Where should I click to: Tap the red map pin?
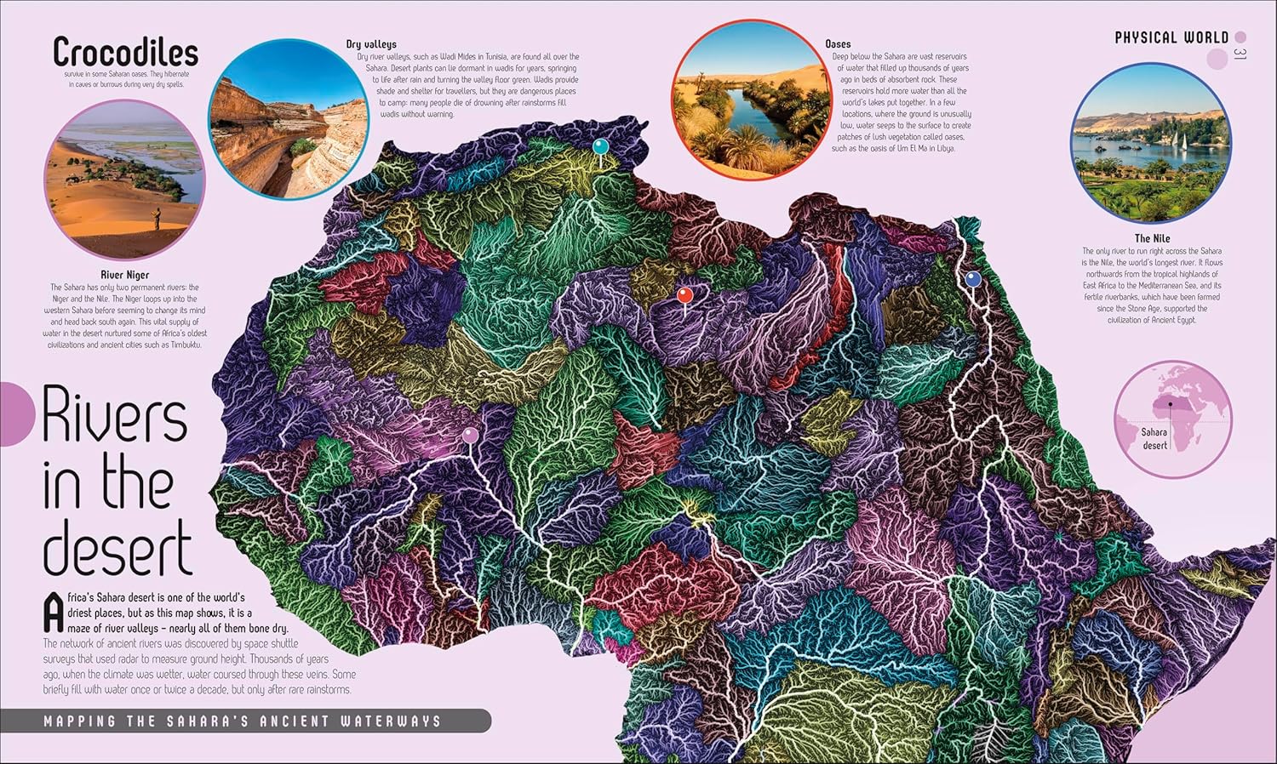point(684,295)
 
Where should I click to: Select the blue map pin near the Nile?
point(973,279)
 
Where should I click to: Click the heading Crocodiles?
point(125,53)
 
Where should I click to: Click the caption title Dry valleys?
point(370,44)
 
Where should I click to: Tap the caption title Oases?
point(837,43)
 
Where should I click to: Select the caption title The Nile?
point(1152,238)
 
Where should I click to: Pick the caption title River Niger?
point(125,275)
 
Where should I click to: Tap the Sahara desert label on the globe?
point(1154,438)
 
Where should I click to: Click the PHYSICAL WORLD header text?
point(1171,37)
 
